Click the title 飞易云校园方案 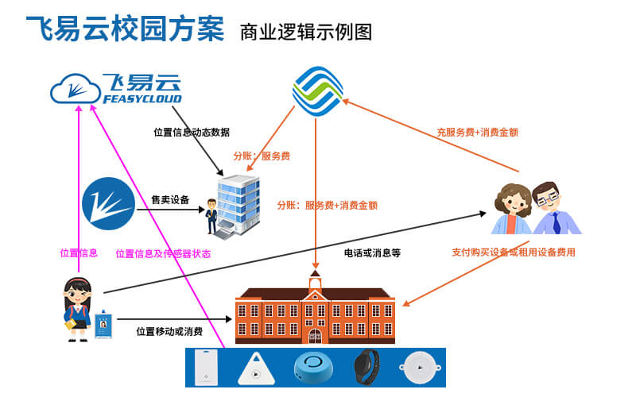tap(125, 29)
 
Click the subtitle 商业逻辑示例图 tap(306, 32)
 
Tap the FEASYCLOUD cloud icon tap(76, 88)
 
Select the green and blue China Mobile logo tap(317, 91)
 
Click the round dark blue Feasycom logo tap(108, 204)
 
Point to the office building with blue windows tap(238, 206)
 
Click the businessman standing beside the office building tap(211, 216)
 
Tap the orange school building tap(315, 310)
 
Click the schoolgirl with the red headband tap(77, 310)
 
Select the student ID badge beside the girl tap(103, 324)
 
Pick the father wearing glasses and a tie tap(556, 208)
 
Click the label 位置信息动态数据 tap(192, 132)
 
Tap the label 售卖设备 tap(170, 200)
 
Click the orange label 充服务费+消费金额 tap(478, 132)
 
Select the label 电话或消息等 tap(372, 253)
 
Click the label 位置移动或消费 tap(169, 331)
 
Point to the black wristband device tap(366, 367)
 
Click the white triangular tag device tap(256, 369)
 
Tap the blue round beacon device tap(313, 367)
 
